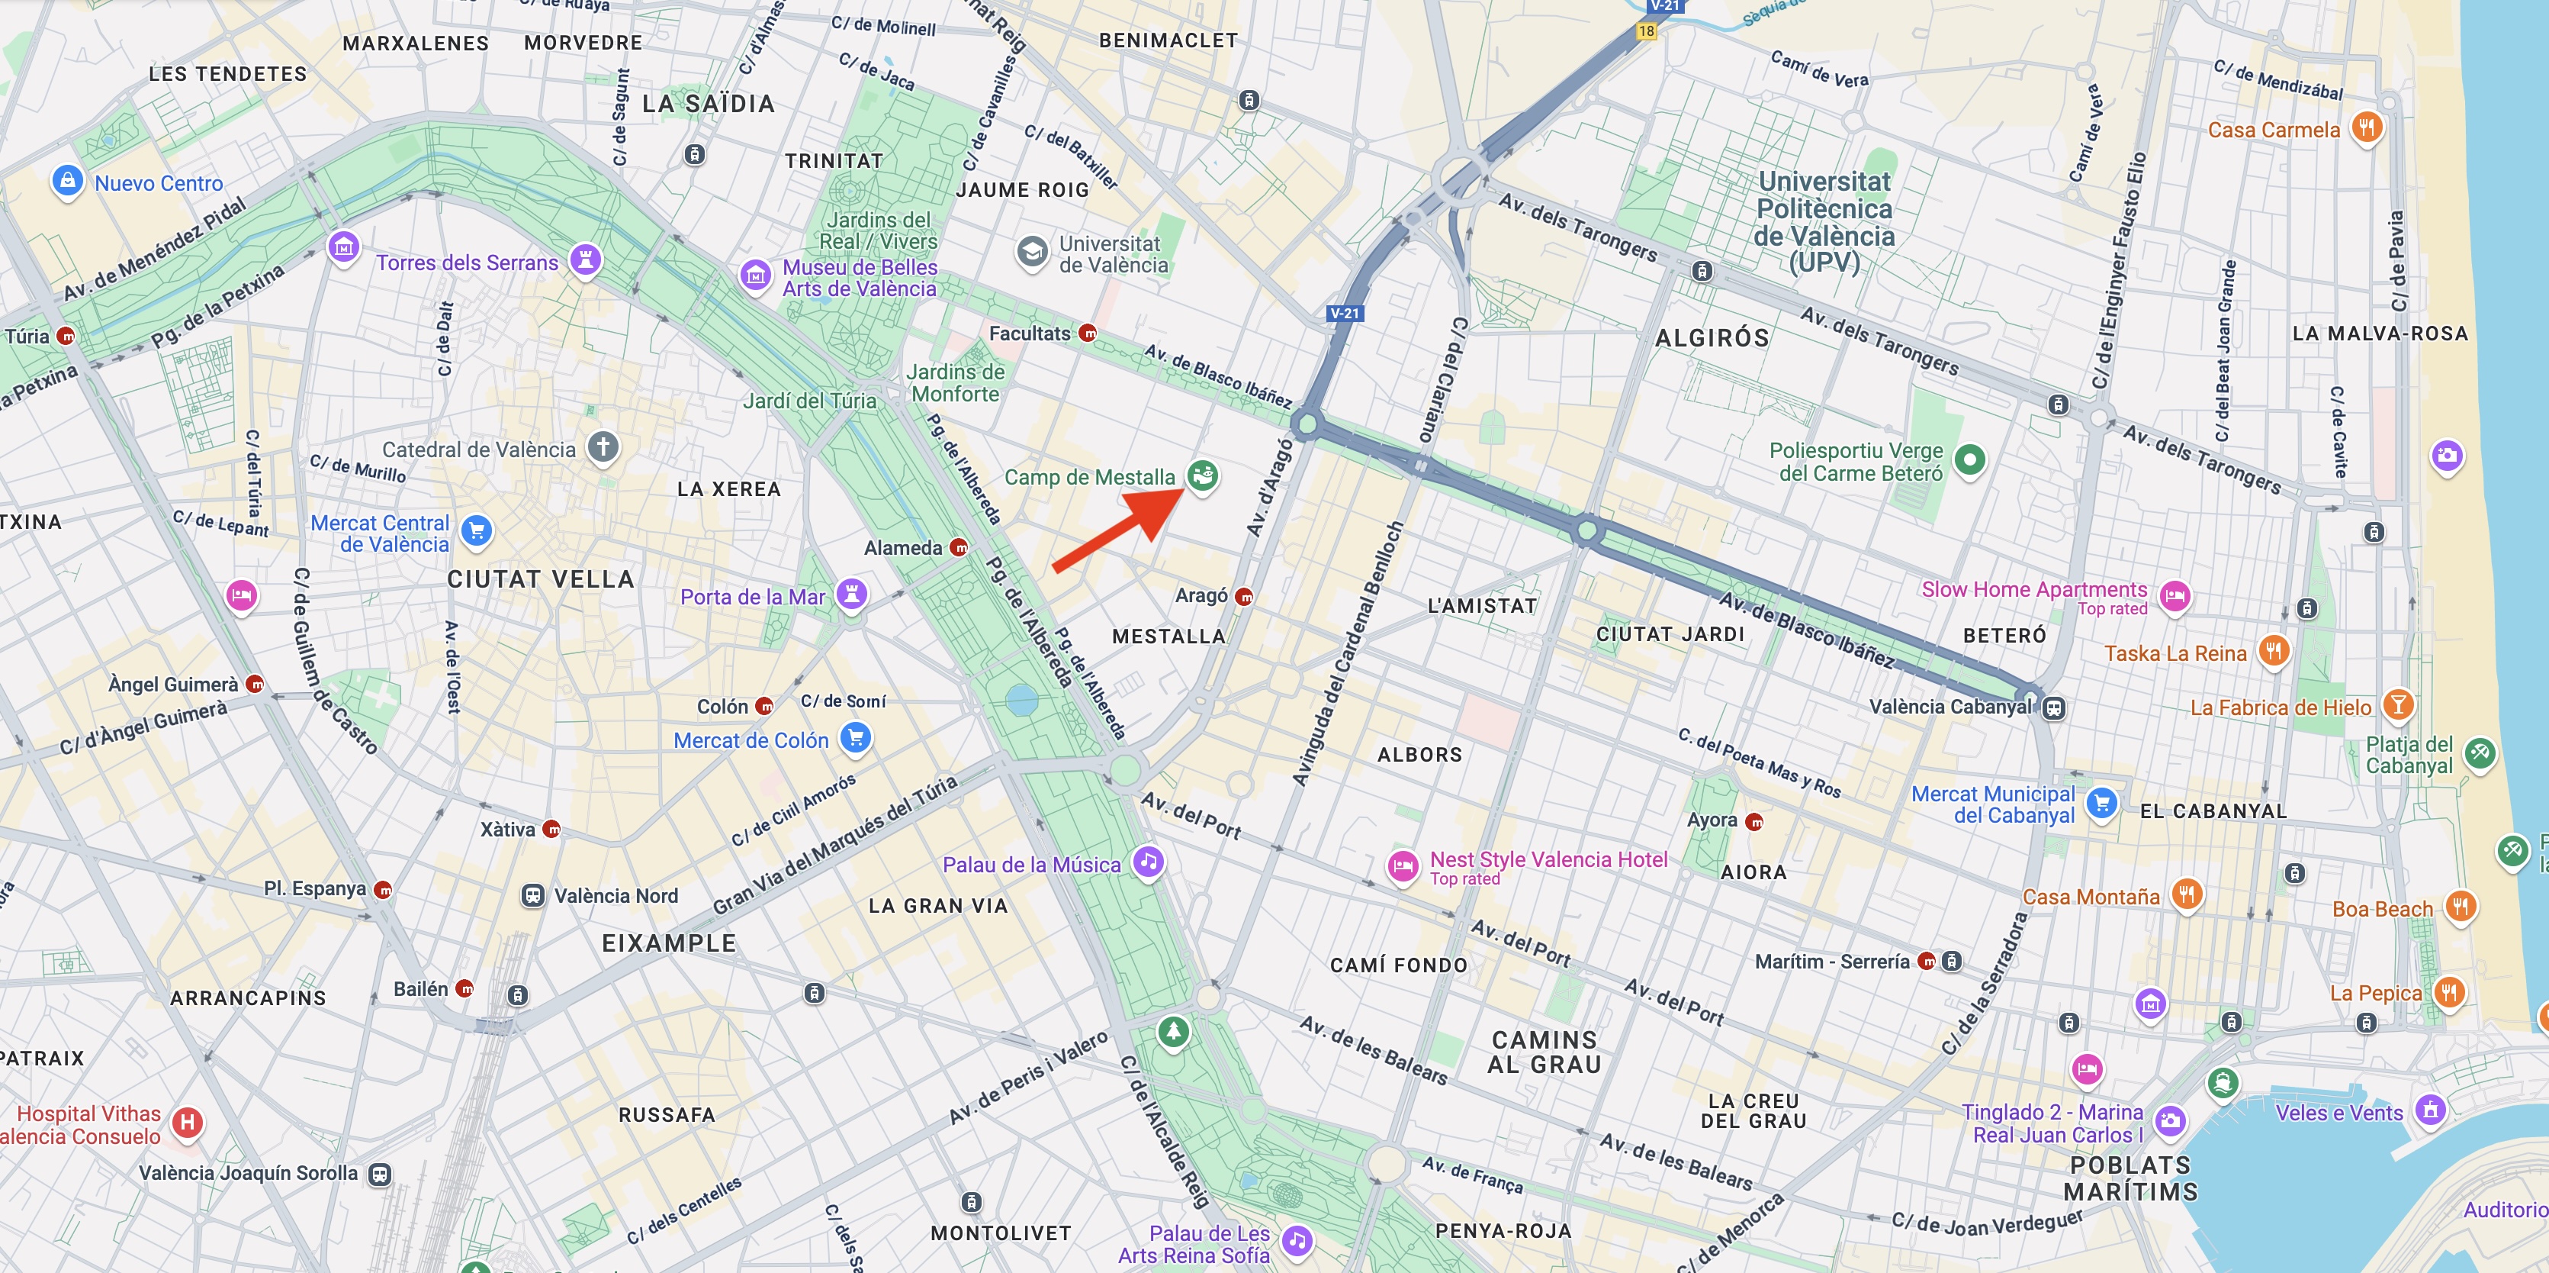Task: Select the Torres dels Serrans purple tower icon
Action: (586, 260)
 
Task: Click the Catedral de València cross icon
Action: (603, 446)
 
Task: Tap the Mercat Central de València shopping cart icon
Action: (476, 530)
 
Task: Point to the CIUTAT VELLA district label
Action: (540, 579)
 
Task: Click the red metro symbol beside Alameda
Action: (958, 547)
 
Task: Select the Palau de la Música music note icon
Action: (1147, 861)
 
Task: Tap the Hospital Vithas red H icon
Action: (187, 1123)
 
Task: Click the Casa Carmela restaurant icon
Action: (2366, 127)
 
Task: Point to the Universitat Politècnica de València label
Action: (1824, 222)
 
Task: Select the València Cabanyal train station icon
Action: (2054, 707)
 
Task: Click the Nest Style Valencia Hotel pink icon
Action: (1402, 867)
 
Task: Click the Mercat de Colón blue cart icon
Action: (855, 736)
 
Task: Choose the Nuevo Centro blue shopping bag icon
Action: (67, 181)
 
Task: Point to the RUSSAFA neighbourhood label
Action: (666, 1114)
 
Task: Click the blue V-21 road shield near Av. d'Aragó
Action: (1345, 313)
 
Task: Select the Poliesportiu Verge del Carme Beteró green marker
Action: (1969, 459)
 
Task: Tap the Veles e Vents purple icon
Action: (2430, 1110)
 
